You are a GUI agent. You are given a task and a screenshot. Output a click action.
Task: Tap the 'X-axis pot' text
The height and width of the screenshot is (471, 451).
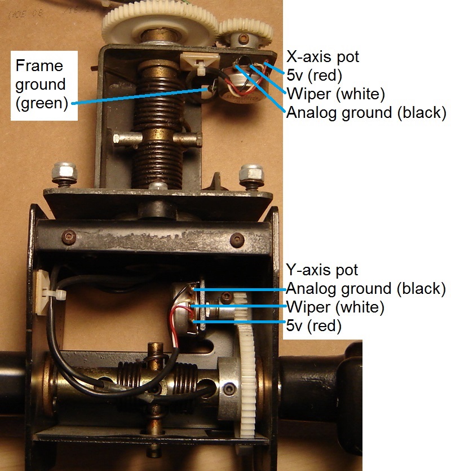pos(322,56)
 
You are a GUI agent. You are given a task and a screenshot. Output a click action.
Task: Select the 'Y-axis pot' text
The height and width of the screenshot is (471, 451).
pos(322,270)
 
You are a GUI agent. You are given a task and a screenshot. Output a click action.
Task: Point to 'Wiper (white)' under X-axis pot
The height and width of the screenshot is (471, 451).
pos(335,93)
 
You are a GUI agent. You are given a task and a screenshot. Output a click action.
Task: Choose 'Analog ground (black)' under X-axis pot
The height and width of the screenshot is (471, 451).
pos(366,112)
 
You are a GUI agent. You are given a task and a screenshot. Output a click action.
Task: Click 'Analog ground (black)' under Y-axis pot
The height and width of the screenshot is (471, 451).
pos(366,289)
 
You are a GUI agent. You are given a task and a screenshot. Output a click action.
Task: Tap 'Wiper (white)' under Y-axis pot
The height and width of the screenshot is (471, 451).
pos(335,307)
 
